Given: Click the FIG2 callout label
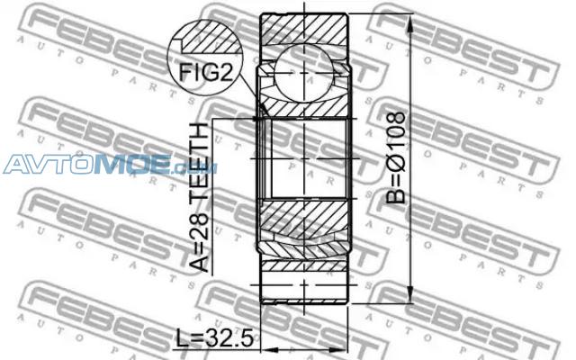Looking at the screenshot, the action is pos(206,73).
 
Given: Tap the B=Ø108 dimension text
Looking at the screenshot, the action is pos(396,158).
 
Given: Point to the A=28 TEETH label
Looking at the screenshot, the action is pos(200,198).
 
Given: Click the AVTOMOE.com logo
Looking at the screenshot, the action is pos(110,164).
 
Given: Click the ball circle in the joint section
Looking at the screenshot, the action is pos(304,74).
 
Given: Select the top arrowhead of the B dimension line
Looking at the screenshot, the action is pos(410,23).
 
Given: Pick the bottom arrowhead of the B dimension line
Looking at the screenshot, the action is pos(410,294).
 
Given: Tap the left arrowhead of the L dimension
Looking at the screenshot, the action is pos(270,349).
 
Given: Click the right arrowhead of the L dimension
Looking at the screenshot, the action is pos(337,349).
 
